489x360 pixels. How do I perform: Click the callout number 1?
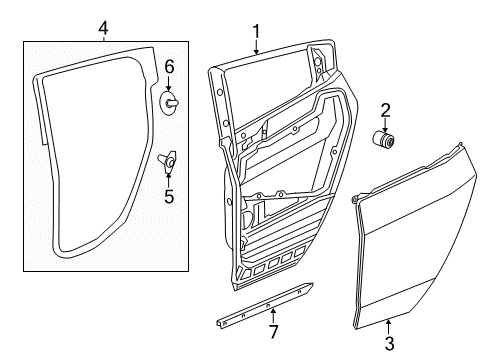[256, 32]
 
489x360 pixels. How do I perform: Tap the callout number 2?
[385, 110]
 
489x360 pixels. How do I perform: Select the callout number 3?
[389, 343]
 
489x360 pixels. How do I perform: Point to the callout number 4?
[103, 28]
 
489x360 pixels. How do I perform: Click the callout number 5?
[169, 196]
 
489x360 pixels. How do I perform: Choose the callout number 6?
[169, 67]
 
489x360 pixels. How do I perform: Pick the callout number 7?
[273, 331]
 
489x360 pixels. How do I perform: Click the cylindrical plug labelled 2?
[384, 139]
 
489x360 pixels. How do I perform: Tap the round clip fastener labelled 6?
[170, 102]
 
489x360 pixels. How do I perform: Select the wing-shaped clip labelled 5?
[168, 161]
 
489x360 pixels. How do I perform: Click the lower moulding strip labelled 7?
[265, 304]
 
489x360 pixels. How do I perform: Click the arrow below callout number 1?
[256, 46]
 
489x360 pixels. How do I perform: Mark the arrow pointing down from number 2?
[385, 125]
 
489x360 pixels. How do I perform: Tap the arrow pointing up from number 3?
[389, 327]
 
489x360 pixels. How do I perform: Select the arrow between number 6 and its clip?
[169, 83]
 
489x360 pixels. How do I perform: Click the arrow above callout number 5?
[169, 180]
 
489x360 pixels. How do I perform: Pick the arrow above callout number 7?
[273, 316]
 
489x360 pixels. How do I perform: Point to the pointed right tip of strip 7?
[313, 284]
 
